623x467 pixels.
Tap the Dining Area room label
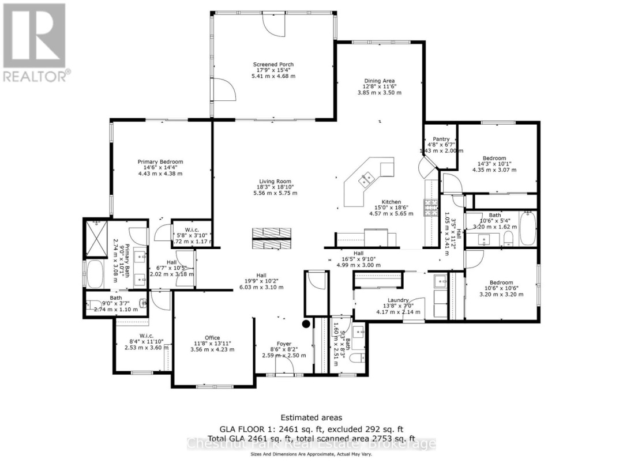tap(378, 81)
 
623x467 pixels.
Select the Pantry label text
tap(441, 139)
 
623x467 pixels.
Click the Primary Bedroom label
tap(160, 162)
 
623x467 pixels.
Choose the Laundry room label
tap(398, 300)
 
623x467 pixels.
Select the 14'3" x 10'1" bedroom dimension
tap(494, 164)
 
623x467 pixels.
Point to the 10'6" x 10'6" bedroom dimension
tap(494, 289)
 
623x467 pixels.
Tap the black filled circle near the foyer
tap(307, 324)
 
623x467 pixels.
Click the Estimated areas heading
tap(311, 417)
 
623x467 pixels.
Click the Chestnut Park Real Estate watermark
tap(311, 443)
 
